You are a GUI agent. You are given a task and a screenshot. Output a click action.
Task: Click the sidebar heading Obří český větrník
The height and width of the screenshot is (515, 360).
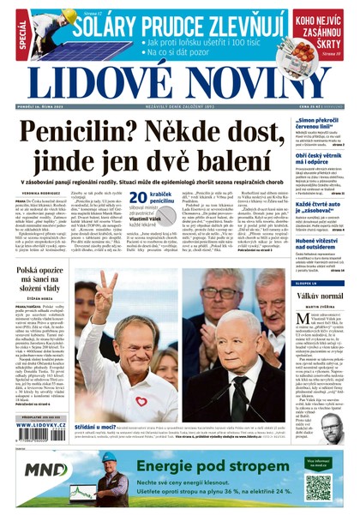[x=318, y=157]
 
